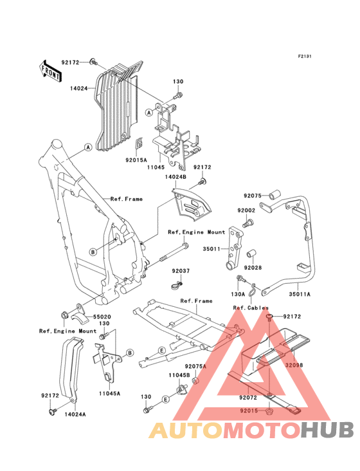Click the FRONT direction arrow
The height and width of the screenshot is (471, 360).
pos(50,71)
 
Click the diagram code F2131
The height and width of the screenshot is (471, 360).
pos(305,56)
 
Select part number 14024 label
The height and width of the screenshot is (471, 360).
pos(79,88)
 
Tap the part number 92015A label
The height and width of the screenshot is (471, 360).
pos(136,160)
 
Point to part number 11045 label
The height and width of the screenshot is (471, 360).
pos(156,167)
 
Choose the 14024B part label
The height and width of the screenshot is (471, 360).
pos(175,177)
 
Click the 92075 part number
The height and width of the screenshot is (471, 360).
pos(253,196)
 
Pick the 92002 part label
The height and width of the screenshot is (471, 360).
pos(246,210)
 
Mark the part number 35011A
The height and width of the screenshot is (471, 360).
pos(300,295)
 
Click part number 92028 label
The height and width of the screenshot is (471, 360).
pos(253,268)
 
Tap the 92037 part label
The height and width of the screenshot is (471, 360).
pos(181,271)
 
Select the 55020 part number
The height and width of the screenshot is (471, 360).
pos(102,317)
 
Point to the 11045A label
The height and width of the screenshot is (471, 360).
pos(109,393)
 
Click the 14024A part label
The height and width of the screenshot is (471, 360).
pos(75,414)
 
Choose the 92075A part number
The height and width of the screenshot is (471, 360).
pos(195,367)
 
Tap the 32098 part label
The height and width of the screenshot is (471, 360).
pos(294,365)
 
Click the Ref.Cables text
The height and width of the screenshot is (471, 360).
pos(251,308)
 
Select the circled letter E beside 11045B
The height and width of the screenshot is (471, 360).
pos(166,399)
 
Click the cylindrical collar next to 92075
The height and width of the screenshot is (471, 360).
pos(274,194)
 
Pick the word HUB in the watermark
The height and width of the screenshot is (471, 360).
pos(327,429)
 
